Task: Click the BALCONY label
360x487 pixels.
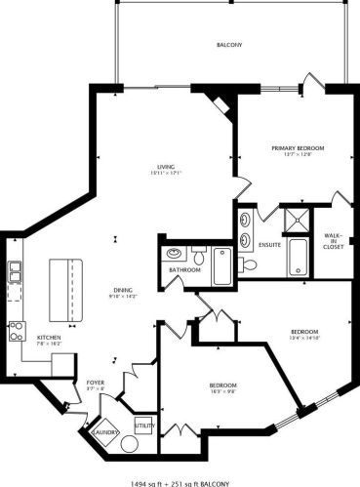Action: coord(230,45)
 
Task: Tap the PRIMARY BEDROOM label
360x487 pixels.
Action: coord(297,147)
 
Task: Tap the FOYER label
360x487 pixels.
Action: coord(95,383)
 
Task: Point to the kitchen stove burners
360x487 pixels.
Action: coord(17,329)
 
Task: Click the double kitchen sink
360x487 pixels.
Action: coord(17,271)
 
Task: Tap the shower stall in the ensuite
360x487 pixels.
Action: coord(295,222)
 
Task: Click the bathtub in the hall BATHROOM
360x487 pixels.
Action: coord(221,263)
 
